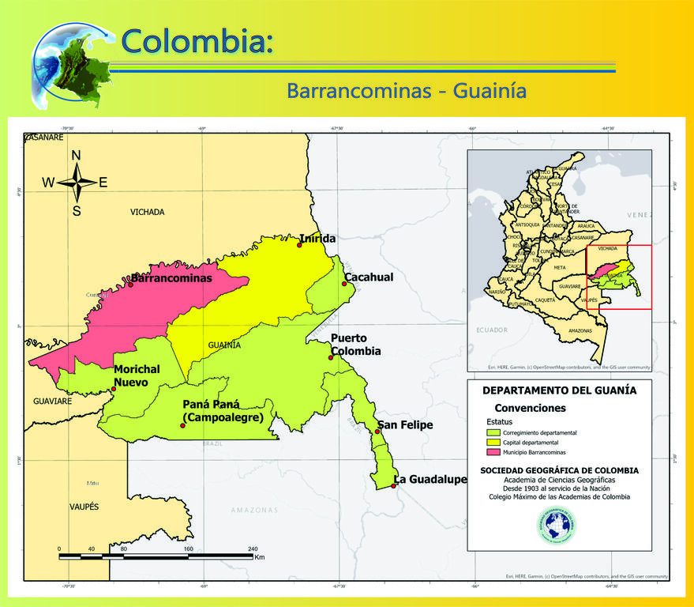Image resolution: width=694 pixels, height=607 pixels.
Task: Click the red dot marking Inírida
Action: click(x=299, y=245)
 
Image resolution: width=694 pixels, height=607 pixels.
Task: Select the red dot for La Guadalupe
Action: click(x=393, y=486)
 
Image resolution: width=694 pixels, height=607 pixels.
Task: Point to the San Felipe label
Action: click(x=406, y=425)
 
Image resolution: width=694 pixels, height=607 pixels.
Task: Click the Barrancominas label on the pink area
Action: click(x=172, y=278)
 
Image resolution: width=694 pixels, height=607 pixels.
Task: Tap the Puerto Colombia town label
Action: click(x=356, y=345)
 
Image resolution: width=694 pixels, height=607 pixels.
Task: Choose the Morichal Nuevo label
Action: click(x=137, y=375)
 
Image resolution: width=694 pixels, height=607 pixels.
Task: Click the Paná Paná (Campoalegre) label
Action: click(x=223, y=411)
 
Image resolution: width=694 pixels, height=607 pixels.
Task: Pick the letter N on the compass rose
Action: click(x=77, y=155)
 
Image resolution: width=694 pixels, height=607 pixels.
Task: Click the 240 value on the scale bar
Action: click(x=253, y=549)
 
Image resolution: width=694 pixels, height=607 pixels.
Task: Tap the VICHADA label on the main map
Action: click(x=148, y=212)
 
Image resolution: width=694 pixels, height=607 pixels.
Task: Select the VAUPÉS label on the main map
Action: click(x=84, y=506)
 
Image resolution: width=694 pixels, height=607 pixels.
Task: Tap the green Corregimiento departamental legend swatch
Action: click(x=493, y=433)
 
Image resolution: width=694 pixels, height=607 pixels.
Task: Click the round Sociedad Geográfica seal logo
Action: click(x=557, y=526)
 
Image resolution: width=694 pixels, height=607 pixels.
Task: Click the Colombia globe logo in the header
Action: click(x=71, y=63)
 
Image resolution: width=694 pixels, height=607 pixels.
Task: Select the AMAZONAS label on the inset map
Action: click(x=580, y=330)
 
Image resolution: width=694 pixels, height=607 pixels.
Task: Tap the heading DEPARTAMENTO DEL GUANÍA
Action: click(x=559, y=390)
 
